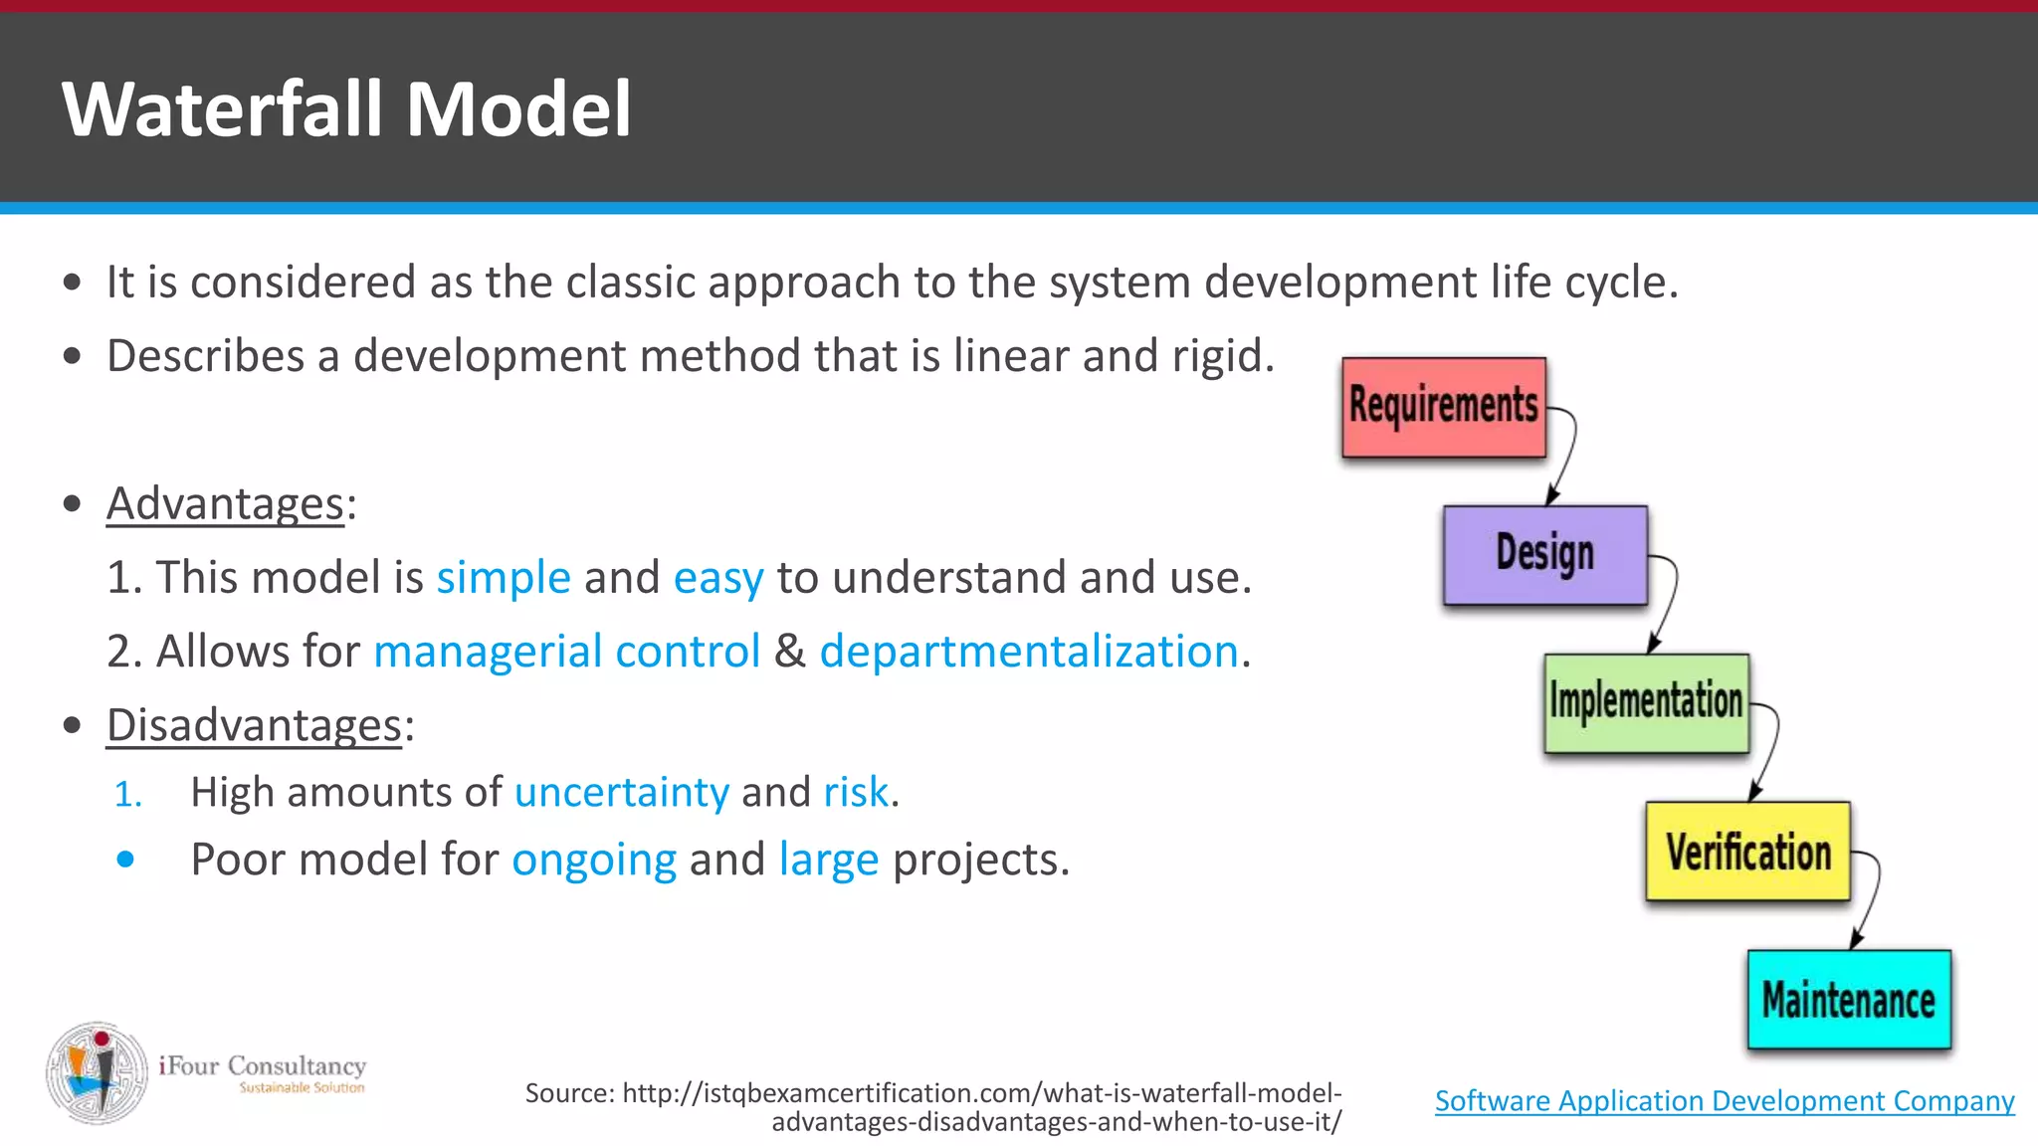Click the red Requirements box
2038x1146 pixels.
tap(1443, 407)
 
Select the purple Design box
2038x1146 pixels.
tap(1544, 555)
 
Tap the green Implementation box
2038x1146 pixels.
tap(1646, 702)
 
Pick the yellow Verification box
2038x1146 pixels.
tap(1747, 852)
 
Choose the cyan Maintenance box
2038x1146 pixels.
tap(1849, 1000)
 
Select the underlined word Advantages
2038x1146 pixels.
tap(225, 503)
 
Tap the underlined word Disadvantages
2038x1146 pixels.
tap(254, 724)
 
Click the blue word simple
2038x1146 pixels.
tap(504, 578)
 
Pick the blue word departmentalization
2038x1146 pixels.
tap(1029, 652)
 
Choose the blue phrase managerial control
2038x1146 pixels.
tap(566, 652)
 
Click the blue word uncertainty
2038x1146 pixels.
tap(622, 793)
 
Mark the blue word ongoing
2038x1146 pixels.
tap(594, 859)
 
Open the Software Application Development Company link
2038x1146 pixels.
tap(1725, 1100)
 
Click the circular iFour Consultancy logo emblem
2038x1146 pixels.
tap(98, 1073)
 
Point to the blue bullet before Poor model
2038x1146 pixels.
tap(125, 859)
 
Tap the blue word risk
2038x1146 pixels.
tap(856, 793)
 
